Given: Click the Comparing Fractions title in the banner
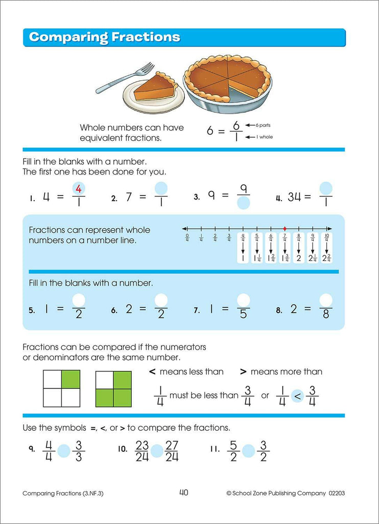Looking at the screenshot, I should coord(105,37).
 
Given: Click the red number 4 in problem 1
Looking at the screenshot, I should coord(79,189).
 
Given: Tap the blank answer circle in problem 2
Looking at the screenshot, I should coord(161,188).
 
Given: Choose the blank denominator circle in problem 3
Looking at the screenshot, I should coord(244,204).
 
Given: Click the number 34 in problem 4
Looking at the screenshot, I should coord(294,197).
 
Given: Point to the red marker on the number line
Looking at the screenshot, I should coord(285,228).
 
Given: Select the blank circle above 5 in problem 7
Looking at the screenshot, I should coord(244,300).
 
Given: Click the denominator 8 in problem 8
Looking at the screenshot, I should coord(325,315).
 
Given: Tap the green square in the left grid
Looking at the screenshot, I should coord(70,379).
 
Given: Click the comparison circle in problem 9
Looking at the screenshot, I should coord(64,450).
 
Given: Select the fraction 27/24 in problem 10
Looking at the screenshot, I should coord(172,450).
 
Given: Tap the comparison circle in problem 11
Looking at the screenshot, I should coord(248,450).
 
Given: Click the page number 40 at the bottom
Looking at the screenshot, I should coord(184,493).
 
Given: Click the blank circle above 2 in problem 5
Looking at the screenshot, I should coord(79,300).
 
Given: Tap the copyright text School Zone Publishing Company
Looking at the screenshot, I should coord(278,493).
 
